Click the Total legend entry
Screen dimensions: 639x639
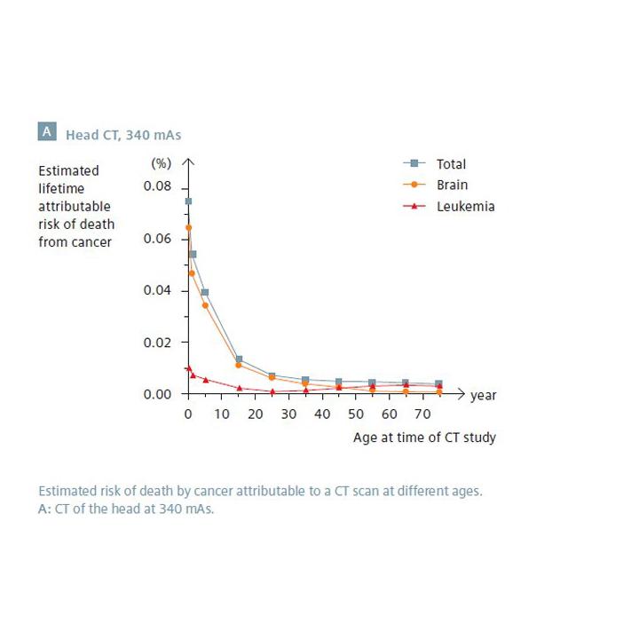tap(450, 164)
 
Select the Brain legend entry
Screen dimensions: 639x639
tap(451, 185)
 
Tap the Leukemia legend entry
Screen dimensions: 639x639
tap(464, 207)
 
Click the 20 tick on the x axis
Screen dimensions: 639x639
tap(256, 414)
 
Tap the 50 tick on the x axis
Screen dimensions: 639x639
tap(356, 414)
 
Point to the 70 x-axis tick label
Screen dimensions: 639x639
tap(423, 414)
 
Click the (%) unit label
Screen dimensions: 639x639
tap(160, 163)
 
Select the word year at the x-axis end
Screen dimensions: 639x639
tap(484, 395)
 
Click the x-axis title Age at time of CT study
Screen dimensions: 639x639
tap(424, 438)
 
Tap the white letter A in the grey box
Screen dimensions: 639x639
tap(47, 133)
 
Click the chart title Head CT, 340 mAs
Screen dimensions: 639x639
tap(123, 135)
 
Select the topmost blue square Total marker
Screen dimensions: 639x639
tap(188, 201)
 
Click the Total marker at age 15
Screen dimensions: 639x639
tap(239, 359)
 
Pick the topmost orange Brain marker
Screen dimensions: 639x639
tap(188, 228)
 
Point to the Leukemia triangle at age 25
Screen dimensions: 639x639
tap(272, 391)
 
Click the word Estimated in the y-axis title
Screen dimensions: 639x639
tap(68, 170)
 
